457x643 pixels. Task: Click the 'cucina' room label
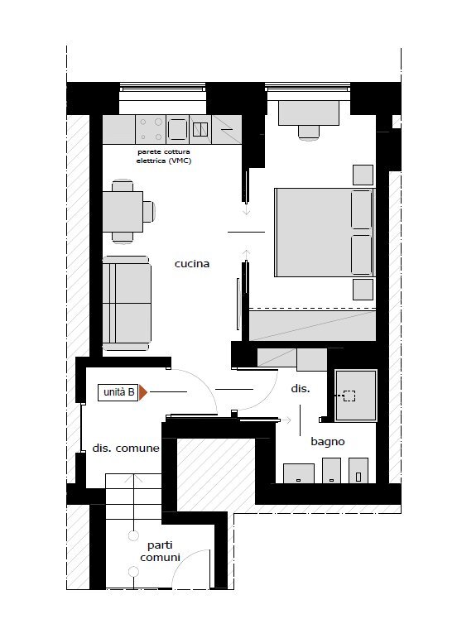point(192,264)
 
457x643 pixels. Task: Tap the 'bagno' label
point(327,442)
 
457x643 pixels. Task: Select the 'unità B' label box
point(118,392)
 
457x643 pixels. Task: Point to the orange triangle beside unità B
point(142,392)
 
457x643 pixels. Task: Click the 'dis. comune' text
point(126,448)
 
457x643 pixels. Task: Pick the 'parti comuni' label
point(160,551)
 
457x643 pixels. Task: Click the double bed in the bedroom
point(325,233)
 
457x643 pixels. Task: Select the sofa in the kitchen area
point(127,304)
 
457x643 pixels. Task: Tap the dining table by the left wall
point(123,212)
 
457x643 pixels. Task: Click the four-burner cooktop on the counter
point(151,129)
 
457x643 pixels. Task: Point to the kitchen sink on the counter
point(200,129)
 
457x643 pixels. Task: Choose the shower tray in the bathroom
point(356,396)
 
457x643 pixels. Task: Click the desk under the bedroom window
point(309,113)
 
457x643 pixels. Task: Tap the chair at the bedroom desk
point(309,132)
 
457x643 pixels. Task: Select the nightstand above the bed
point(363,175)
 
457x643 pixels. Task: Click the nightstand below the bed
point(363,290)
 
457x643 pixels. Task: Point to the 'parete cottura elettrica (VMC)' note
point(164,156)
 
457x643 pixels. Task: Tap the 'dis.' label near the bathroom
point(301,388)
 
